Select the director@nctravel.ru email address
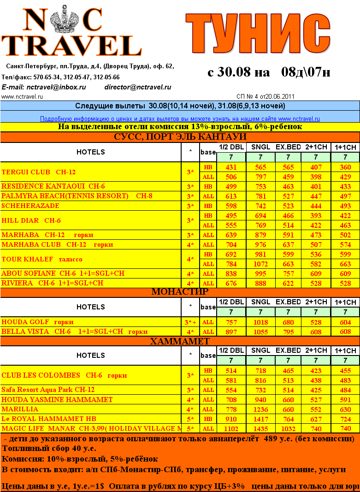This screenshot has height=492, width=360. pos(137,87)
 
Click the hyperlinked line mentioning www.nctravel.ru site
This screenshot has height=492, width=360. pos(180,119)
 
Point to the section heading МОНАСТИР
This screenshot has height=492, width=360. pos(180,291)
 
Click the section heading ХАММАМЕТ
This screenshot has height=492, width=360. pos(180,342)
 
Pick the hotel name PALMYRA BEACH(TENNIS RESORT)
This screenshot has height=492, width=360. pos(65,196)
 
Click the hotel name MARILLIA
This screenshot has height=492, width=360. pos(20,409)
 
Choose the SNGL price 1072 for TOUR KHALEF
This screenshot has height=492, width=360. pos(260,264)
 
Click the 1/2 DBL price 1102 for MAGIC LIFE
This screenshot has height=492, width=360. pos(231,428)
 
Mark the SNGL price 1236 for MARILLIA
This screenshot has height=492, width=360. pos(260,409)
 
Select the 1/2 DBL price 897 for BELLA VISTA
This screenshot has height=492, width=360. pos(231,332)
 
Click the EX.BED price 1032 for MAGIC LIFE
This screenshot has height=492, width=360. pos(288,428)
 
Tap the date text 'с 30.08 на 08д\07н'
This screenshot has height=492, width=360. pos(269,72)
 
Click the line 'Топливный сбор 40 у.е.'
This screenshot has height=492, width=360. pos(49,448)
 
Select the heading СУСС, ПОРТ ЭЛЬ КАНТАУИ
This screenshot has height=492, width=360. pos(180,137)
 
